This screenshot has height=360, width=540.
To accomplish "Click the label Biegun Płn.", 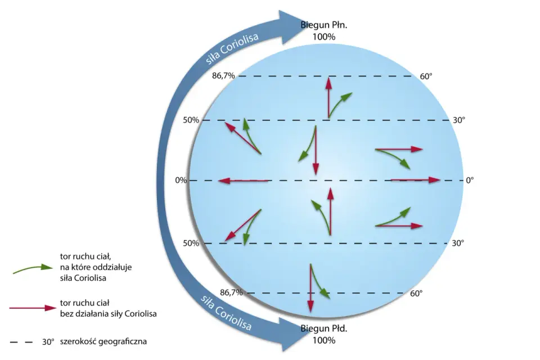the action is pos(324,25).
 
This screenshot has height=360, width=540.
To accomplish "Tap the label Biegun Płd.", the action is pos(324,328).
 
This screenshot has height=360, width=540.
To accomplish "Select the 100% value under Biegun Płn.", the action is pos(324,37).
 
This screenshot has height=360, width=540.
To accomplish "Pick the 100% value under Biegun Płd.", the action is pos(324,340).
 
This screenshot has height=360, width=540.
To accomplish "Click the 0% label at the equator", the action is pos(181,180).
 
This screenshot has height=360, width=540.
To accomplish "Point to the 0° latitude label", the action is pos(470,180).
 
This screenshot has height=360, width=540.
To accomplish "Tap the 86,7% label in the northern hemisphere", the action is pos(223,76).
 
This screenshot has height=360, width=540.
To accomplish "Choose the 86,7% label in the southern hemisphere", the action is pos(231,293).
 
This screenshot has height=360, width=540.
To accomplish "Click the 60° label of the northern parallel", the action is pos(426,76).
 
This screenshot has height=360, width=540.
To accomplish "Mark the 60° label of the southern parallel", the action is pos(416,294).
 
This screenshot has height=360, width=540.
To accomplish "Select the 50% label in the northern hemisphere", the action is pos(191,120).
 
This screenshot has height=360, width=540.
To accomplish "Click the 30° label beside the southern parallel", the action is pos(458,243).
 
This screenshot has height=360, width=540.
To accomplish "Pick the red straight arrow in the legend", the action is pos(33,308).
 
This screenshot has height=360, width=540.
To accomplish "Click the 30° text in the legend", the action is pos(48,342).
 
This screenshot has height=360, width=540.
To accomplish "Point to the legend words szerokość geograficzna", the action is pos(103,342).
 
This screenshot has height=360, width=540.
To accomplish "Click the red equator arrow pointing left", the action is pos(243,180).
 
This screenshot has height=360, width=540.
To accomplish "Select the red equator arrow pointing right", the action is pos(415,180).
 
